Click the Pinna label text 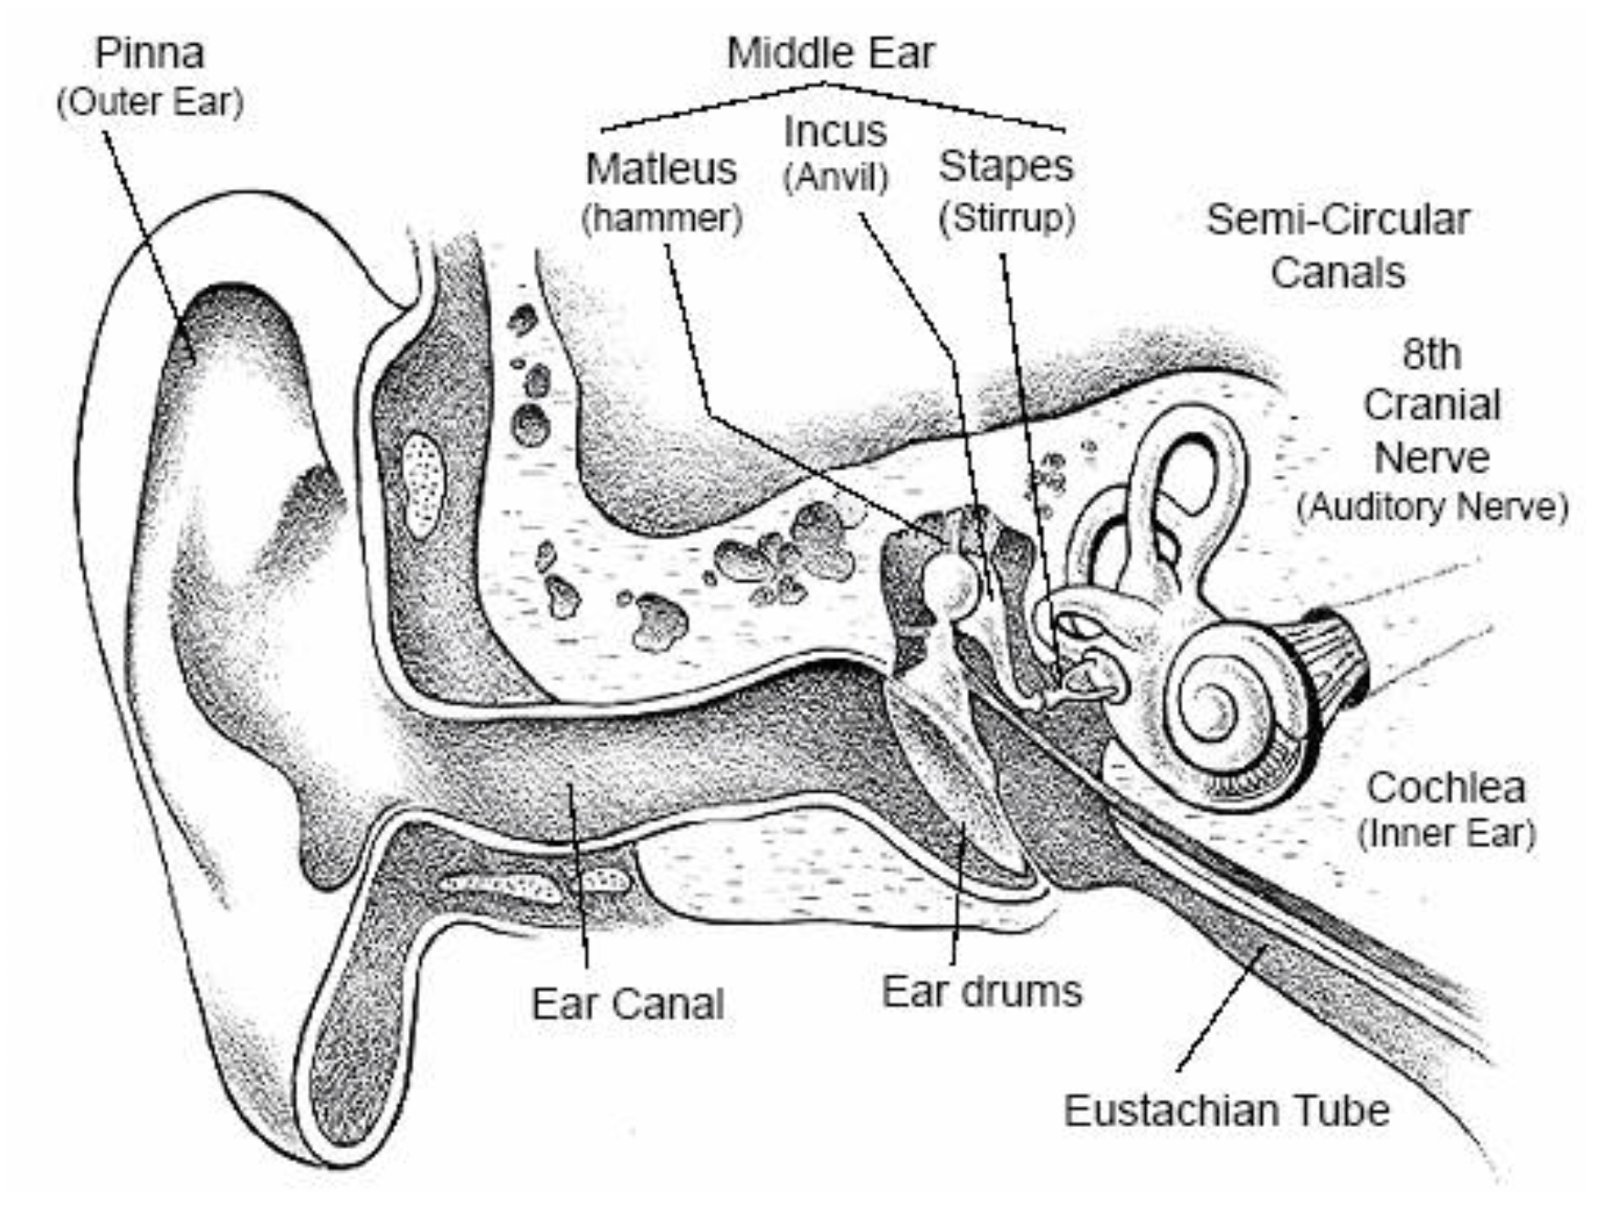click(x=150, y=53)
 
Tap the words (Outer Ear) click(x=151, y=102)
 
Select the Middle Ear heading click(x=830, y=53)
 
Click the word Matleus click(x=661, y=169)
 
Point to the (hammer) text click(x=662, y=218)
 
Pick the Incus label click(x=836, y=132)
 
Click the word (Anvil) click(x=836, y=177)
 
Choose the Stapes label click(x=1005, y=166)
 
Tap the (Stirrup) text click(x=1006, y=218)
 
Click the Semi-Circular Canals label click(x=1338, y=246)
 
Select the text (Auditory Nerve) click(x=1432, y=507)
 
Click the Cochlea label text click(x=1446, y=787)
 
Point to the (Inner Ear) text click(x=1447, y=834)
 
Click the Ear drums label click(x=982, y=992)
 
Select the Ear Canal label click(x=627, y=1004)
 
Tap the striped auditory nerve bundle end click(x=1333, y=653)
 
